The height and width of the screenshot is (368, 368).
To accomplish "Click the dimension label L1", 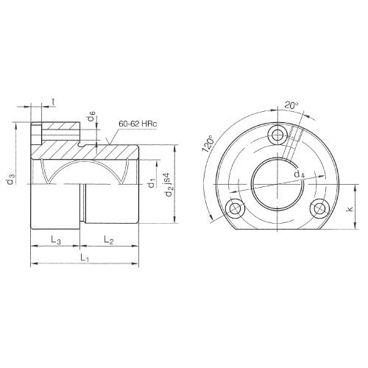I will pos(85,259).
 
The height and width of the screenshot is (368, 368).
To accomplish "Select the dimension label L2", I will pos(108,240).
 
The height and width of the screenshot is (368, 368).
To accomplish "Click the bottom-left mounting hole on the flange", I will pos(236,208).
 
